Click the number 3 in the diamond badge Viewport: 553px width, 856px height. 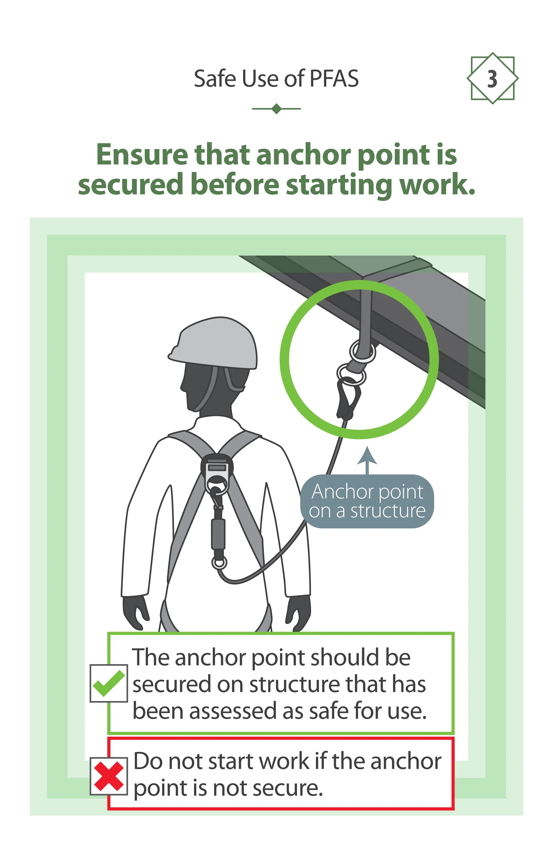pos(492,79)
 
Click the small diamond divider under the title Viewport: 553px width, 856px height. pos(276,109)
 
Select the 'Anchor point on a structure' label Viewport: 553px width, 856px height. pos(367,501)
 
